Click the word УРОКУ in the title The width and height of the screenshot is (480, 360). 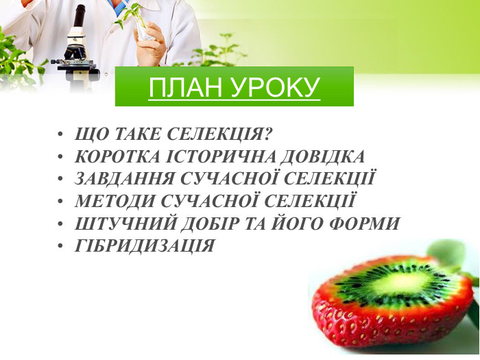[x=276, y=88]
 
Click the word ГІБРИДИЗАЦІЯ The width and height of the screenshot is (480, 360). [x=145, y=245]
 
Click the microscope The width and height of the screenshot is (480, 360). [x=76, y=48]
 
